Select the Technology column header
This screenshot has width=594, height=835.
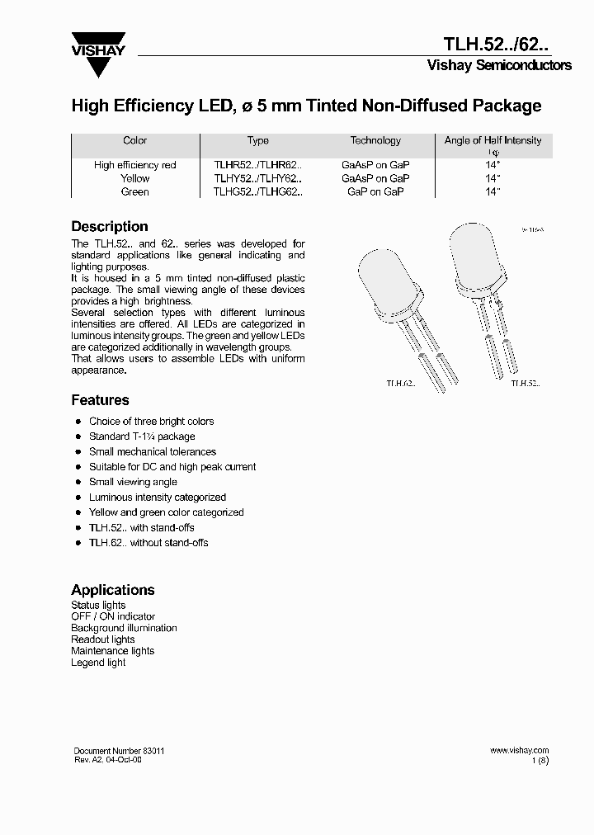pos(375,141)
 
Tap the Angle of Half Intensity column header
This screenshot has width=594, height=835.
pos(493,141)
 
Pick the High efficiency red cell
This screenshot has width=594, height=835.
pos(135,165)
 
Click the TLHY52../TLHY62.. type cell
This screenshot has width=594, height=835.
pos(258,178)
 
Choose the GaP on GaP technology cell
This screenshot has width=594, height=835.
pos(375,191)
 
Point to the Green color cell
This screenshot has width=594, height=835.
pos(135,191)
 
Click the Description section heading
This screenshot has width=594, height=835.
pos(110,226)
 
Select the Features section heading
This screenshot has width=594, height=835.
pos(100,400)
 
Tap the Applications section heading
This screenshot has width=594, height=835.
pos(113,590)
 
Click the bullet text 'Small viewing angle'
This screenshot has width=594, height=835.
pos(133,482)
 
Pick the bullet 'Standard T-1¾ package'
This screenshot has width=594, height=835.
pos(142,436)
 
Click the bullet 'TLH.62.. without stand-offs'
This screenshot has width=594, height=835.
pos(148,543)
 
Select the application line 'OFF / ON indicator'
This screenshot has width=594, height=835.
pos(113,616)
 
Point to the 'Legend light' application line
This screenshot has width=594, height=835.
pos(98,663)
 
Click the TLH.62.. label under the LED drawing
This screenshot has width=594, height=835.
pos(401,383)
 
